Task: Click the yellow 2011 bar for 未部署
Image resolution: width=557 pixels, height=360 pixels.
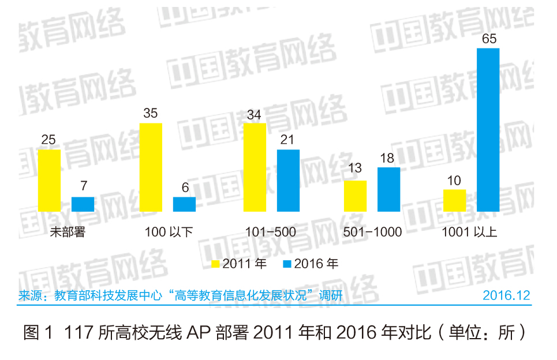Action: click(x=49, y=181)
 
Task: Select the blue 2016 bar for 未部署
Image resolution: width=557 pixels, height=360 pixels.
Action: click(x=83, y=204)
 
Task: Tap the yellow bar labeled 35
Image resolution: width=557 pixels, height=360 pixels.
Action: click(x=151, y=167)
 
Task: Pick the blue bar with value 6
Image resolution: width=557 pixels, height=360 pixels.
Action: click(x=184, y=205)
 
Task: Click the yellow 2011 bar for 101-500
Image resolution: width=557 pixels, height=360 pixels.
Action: click(x=255, y=167)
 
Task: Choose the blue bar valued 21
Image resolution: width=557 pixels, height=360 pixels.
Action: click(x=288, y=181)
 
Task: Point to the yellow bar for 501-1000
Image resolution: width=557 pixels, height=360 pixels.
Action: click(x=355, y=196)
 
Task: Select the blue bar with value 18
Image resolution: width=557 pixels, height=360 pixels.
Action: click(x=388, y=190)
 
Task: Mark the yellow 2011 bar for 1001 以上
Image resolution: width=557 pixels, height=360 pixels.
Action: click(x=454, y=200)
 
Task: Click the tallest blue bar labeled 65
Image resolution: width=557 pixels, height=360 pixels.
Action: click(x=488, y=130)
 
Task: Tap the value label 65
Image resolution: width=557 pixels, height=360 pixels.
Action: click(x=488, y=39)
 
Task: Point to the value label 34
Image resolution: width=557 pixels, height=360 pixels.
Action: click(x=254, y=114)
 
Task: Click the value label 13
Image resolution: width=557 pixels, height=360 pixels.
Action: click(x=355, y=168)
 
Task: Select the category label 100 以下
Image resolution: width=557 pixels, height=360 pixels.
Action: click(x=168, y=232)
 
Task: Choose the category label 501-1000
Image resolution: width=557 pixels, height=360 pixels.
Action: click(x=372, y=232)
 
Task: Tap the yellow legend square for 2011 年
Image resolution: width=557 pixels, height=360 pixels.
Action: click(x=215, y=264)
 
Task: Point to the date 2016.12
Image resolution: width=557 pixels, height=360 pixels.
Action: click(x=506, y=296)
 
